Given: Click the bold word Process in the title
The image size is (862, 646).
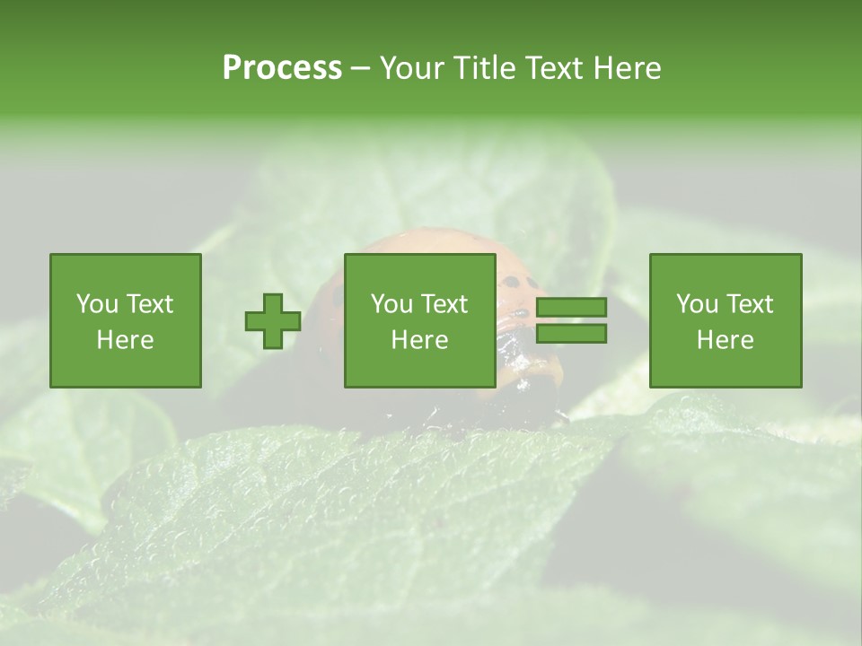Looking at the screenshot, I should coord(282,68).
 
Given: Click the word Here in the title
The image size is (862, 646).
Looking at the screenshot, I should coord(627,68).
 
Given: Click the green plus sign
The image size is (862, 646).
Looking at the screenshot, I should coord(273,321).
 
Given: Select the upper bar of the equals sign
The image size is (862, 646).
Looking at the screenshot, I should coord(571,307).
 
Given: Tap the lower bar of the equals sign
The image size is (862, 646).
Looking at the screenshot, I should coord(571,334).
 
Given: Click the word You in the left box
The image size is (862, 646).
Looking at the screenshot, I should coord(97,304).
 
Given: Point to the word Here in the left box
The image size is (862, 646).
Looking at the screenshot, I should coord(125,340).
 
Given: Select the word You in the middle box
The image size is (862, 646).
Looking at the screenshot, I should coord(391,304).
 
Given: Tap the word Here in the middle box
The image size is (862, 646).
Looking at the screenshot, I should coord(419,340).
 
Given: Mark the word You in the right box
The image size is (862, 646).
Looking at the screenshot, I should coord(697,304).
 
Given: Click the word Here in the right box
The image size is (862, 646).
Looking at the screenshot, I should coord(725,340).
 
